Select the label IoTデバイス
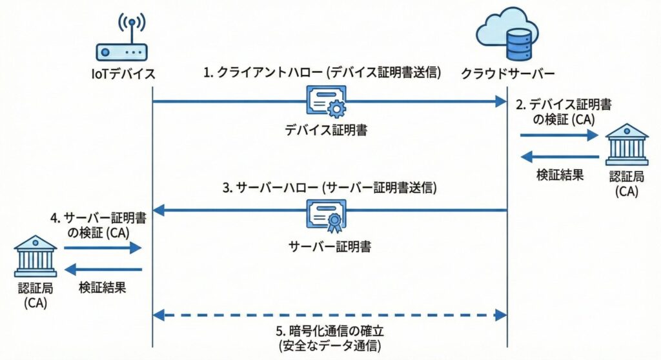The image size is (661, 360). (123, 74)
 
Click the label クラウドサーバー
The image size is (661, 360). (507, 74)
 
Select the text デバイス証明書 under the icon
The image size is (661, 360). (327, 130)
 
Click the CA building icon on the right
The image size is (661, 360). (625, 145)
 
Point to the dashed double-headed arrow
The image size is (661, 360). (329, 315)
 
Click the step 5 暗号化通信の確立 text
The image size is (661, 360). (330, 332)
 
